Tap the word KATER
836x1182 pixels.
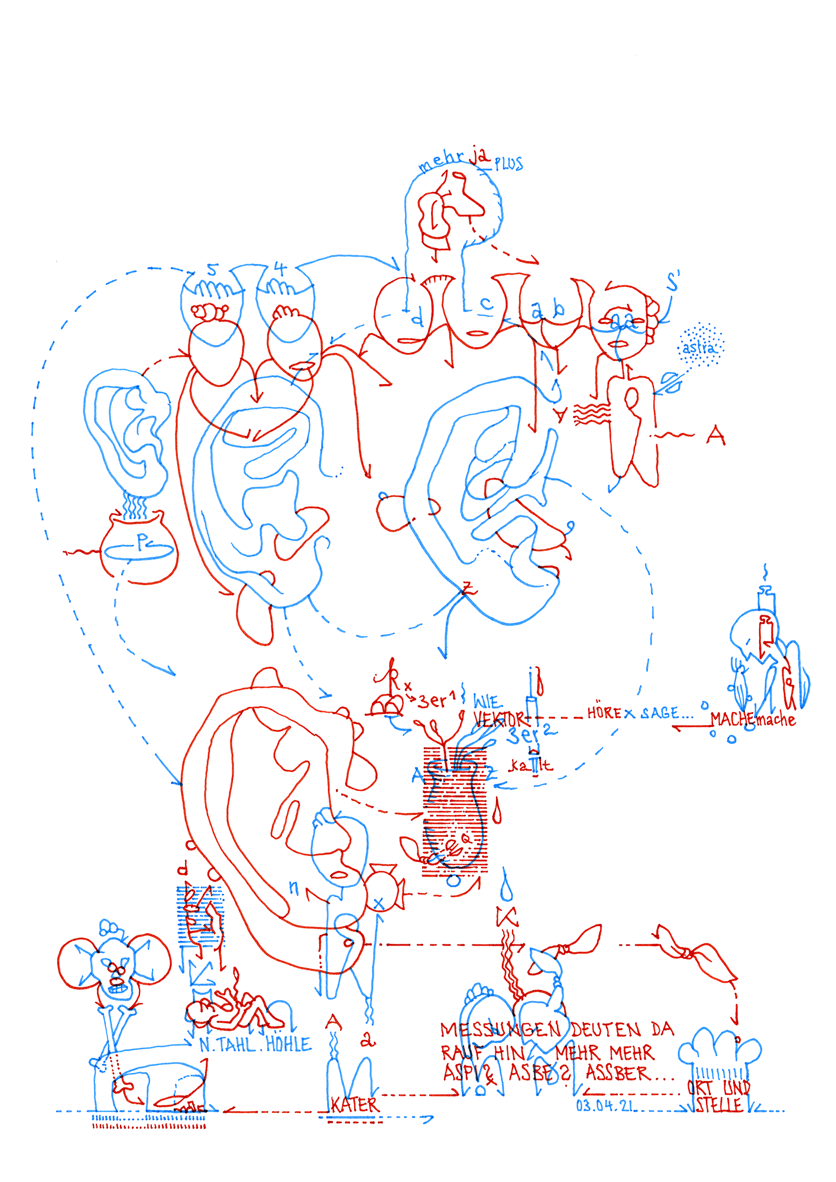click(354, 1105)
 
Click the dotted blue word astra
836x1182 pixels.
click(699, 348)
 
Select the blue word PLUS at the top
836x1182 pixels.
click(509, 164)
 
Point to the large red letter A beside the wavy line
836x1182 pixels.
click(715, 436)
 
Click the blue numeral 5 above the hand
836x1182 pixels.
click(213, 269)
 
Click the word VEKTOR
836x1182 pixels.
click(498, 719)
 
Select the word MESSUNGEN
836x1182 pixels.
click(500, 1030)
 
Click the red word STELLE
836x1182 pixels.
click(718, 1105)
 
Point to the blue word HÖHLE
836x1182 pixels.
click(289, 1044)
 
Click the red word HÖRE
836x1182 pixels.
click(604, 713)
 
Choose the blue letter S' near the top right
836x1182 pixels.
click(673, 282)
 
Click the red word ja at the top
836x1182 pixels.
click(480, 157)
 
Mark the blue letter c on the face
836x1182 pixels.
click(486, 303)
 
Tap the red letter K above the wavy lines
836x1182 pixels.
click(507, 917)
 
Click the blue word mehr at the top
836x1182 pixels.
click(440, 162)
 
